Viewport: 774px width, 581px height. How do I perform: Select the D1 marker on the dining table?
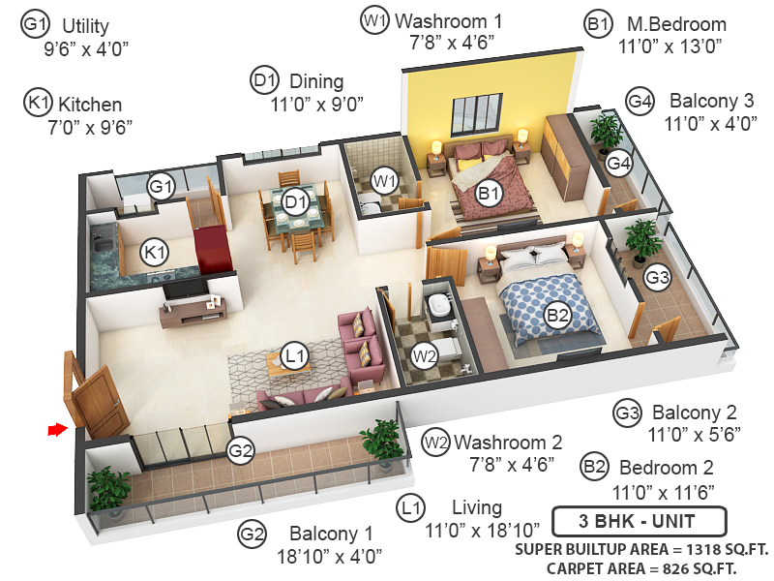click(x=295, y=202)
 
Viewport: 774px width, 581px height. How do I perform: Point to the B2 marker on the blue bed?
click(x=557, y=315)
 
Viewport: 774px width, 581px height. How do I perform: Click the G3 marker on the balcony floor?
click(x=657, y=278)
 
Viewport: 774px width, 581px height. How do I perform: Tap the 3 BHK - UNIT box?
click(x=638, y=522)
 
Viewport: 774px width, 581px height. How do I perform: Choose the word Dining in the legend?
click(x=315, y=82)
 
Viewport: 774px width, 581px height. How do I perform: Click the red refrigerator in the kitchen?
click(x=212, y=250)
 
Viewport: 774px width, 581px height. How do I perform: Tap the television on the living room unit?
click(x=183, y=289)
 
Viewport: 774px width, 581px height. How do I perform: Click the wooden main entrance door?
click(x=98, y=396)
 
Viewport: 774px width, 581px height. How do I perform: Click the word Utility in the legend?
click(x=84, y=26)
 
